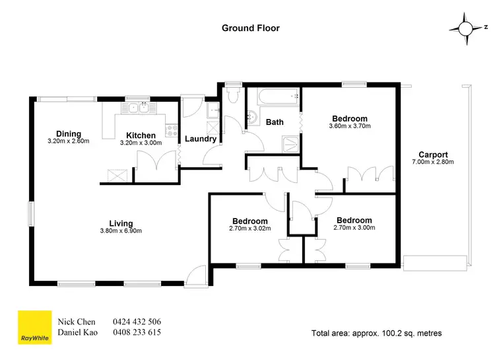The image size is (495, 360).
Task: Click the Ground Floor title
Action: point(250,28)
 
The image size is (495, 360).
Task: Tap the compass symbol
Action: point(465,28)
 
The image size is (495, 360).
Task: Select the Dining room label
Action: point(69,134)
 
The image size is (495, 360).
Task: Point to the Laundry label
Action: point(200,139)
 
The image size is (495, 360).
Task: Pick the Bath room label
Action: point(275,122)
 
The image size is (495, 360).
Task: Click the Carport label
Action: point(433,155)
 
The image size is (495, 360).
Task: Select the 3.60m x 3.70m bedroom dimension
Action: point(350,126)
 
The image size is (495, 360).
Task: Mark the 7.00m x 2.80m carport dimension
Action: point(433,162)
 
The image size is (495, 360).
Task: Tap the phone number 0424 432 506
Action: point(137,322)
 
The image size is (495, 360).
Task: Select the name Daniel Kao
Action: point(78,333)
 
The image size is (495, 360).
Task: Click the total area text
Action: point(376,333)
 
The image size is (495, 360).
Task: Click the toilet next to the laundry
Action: point(230,96)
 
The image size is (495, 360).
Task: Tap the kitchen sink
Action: point(140,107)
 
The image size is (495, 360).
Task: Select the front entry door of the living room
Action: point(195,276)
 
